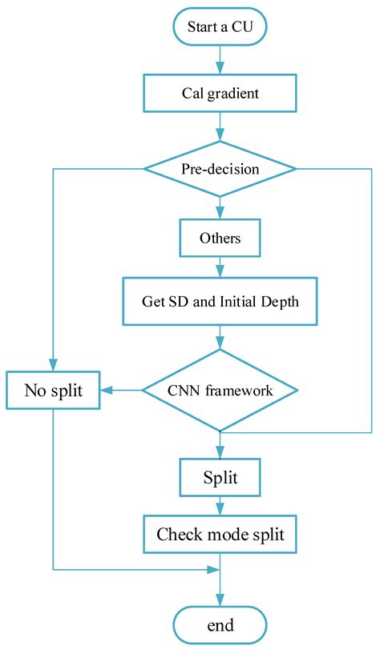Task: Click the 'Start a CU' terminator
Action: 219,26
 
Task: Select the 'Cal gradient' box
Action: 219,93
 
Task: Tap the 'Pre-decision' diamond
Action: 219,169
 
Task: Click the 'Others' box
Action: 219,238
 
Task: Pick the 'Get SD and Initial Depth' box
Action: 219,302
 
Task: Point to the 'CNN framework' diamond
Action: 219,391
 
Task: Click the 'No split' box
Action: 53,391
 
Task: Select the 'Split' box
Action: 219,478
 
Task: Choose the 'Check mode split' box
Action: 219,534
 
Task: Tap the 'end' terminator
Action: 219,624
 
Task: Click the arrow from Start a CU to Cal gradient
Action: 219,59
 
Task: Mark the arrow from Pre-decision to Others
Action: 219,207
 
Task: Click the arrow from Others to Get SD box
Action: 219,267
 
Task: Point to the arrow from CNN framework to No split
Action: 122,391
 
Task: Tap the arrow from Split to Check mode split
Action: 219,506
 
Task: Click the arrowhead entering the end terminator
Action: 219,599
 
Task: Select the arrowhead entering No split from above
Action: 53,364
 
